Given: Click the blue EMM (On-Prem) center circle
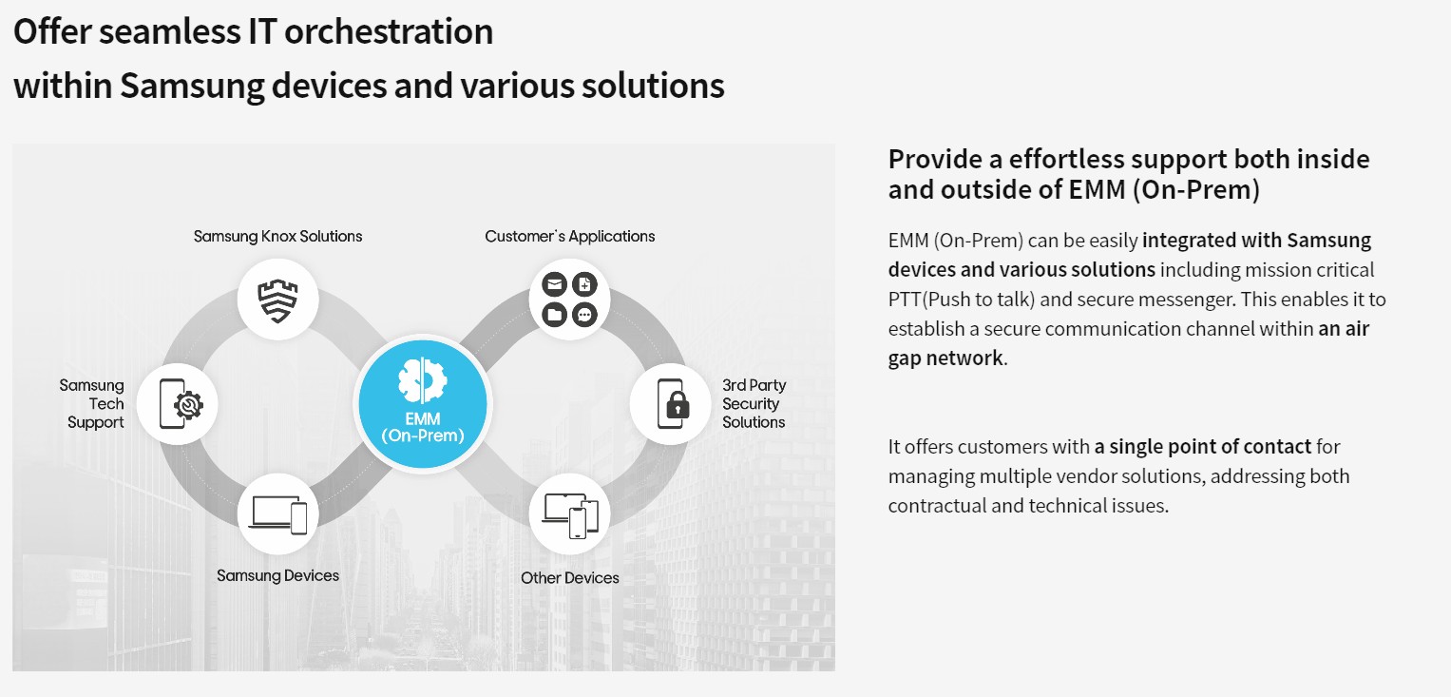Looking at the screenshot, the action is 423,404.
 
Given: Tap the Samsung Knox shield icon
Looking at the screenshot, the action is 277,300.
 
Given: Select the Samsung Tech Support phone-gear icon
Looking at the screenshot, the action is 181,404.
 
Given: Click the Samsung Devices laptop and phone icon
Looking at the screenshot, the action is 277,514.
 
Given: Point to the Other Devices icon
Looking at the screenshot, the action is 570,515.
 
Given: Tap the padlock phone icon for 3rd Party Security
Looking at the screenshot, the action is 673,404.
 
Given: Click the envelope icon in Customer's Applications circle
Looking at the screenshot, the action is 555,284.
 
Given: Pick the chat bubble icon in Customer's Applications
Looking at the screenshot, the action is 585,315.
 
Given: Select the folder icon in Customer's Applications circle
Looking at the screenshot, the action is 555,315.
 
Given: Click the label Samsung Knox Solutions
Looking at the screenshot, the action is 277,236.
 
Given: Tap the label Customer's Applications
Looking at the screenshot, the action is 570,236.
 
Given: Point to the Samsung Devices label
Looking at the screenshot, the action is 277,575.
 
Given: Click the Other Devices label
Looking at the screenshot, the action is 570,578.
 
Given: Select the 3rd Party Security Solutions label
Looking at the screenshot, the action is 754,403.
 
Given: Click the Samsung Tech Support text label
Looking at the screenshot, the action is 92,403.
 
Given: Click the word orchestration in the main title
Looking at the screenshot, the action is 389,31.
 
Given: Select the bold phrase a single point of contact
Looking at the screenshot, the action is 1203,446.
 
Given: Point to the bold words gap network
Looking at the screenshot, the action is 945,358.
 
